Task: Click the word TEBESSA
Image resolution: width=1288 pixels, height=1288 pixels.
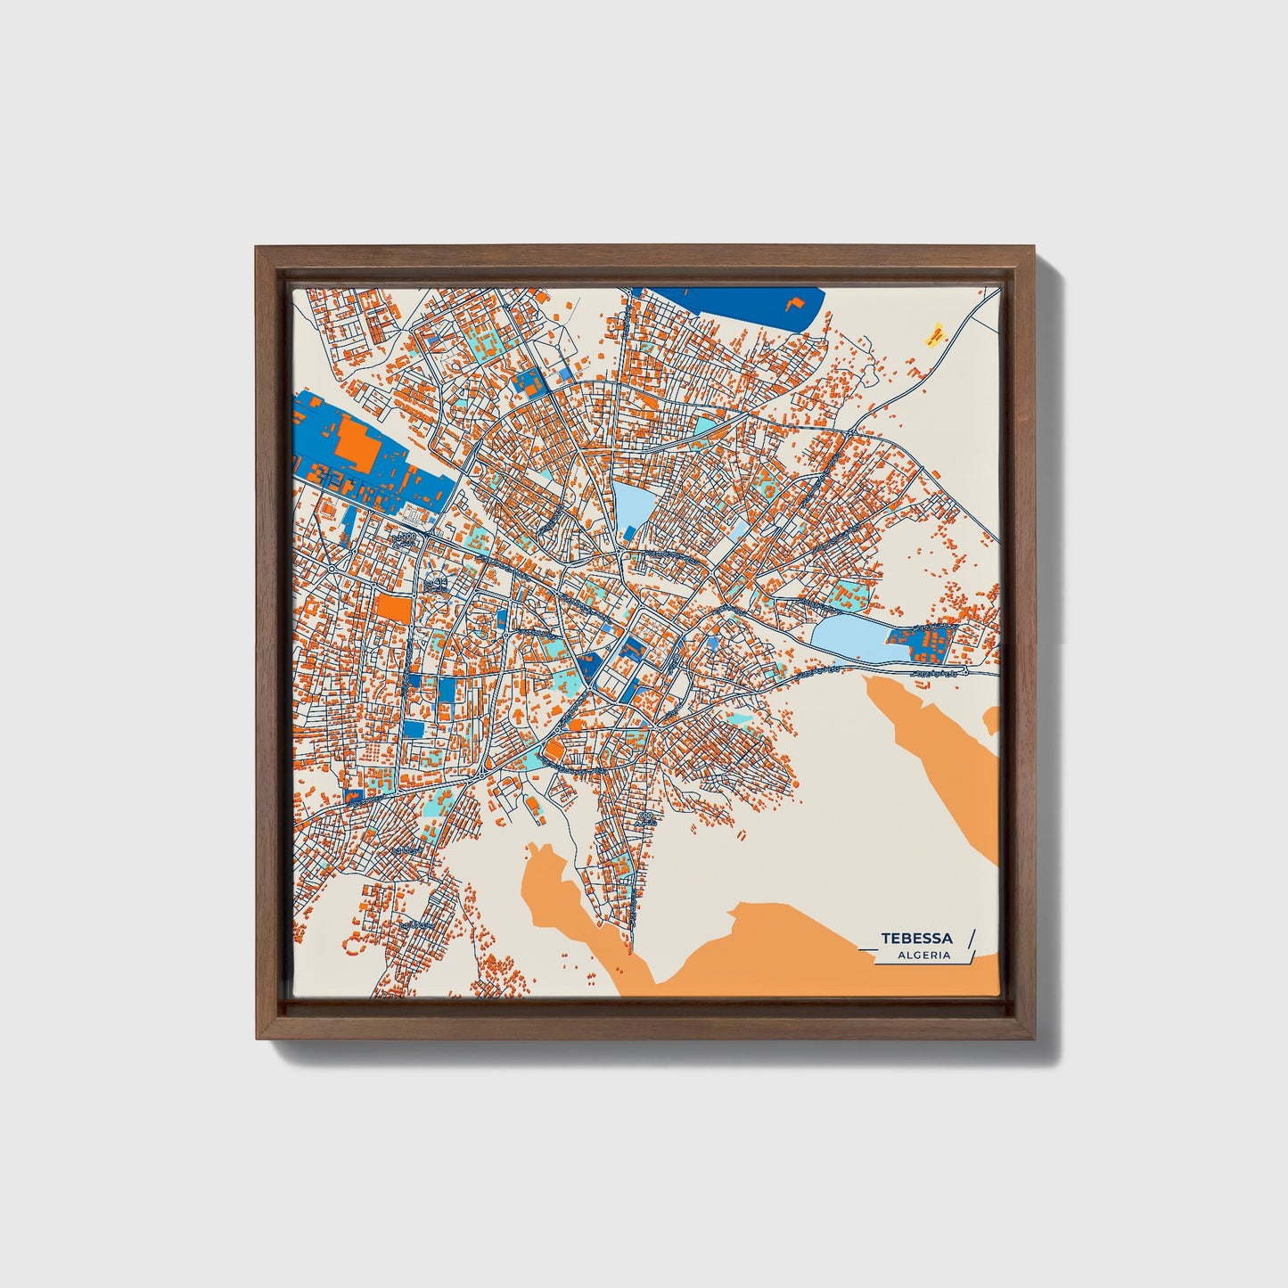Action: click(916, 939)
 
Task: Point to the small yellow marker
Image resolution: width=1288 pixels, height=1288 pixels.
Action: click(934, 335)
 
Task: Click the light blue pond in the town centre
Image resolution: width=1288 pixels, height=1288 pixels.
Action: click(632, 506)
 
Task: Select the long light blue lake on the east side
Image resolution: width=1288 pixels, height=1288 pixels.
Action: click(847, 640)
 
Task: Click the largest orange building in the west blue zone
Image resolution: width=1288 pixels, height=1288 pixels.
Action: click(357, 443)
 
